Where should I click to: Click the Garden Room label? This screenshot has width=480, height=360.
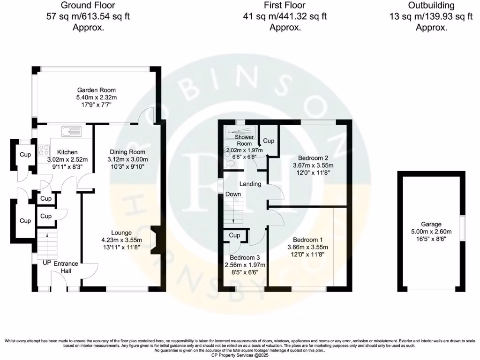(x=97, y=90)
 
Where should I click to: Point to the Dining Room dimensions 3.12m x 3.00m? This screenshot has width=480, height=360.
(x=127, y=159)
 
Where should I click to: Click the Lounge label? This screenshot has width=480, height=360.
(x=121, y=232)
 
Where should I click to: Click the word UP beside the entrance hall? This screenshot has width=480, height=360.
(x=47, y=263)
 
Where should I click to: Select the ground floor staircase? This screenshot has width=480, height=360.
(x=46, y=244)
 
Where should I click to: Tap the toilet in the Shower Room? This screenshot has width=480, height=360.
(x=229, y=163)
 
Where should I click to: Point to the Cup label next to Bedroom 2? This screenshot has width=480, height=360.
(x=269, y=141)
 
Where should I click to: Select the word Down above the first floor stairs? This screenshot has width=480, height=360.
(x=233, y=194)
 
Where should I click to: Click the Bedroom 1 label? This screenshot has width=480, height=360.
(x=307, y=240)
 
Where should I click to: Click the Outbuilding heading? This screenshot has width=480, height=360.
(x=431, y=6)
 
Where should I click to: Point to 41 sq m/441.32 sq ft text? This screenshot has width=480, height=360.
(x=285, y=16)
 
